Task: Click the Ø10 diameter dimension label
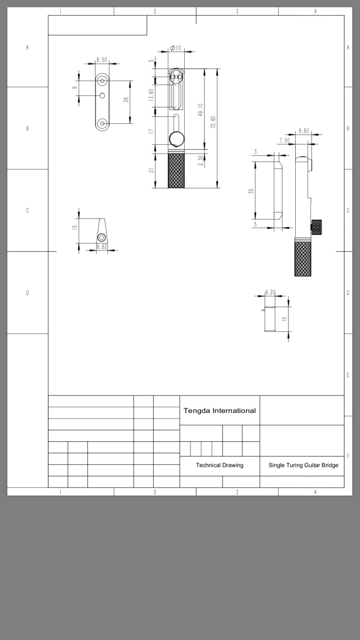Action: (176, 48)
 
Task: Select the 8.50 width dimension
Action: (101, 60)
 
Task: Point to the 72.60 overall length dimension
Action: (213, 122)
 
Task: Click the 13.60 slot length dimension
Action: (152, 95)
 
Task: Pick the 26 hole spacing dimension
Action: (126, 99)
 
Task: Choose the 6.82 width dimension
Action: (102, 247)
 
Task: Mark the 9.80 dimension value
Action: (304, 131)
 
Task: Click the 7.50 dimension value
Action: (285, 141)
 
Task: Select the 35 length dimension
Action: (251, 190)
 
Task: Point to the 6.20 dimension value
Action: (270, 292)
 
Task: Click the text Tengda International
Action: (220, 411)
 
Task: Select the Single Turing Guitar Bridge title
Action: (303, 465)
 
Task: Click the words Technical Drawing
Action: (220, 465)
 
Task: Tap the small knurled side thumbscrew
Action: (316, 227)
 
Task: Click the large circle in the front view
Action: (176, 139)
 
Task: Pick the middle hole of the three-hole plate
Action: (103, 96)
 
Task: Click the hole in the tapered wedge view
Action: (101, 237)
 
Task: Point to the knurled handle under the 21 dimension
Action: (176, 171)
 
